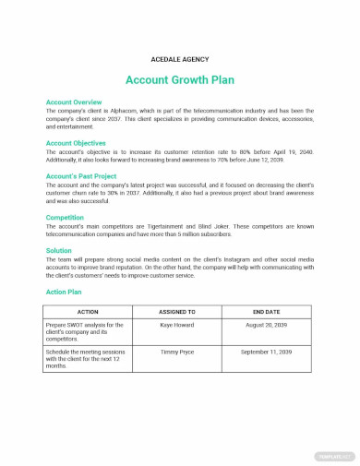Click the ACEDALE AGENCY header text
(179, 57)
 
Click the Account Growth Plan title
(179, 79)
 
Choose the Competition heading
(66, 218)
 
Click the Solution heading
(59, 250)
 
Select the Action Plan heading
(66, 291)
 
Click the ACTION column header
(89, 312)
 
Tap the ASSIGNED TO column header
(178, 312)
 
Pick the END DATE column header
(268, 312)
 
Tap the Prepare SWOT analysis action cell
(86, 332)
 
